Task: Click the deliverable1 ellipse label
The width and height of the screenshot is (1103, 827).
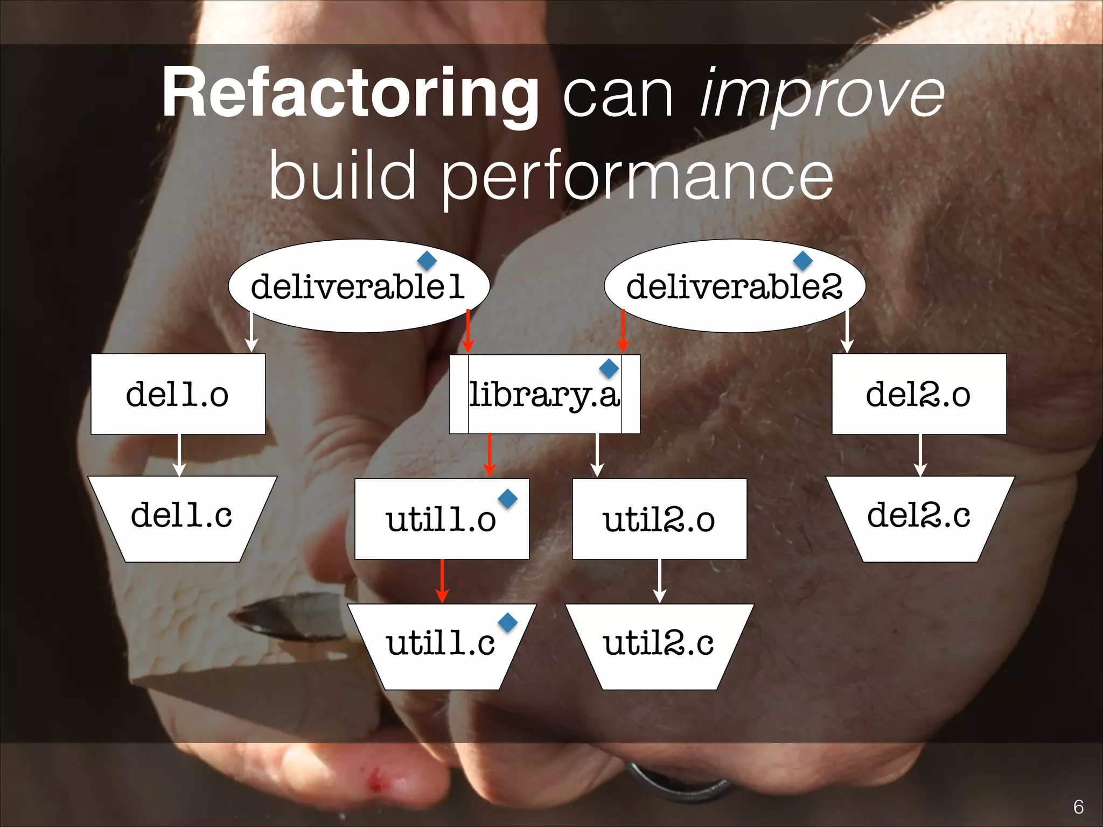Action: coord(358,286)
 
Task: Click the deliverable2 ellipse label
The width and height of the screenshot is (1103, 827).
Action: coord(734,286)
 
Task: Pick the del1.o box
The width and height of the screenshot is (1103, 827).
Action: coord(178,394)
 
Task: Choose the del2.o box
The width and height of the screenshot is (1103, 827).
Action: coord(919,394)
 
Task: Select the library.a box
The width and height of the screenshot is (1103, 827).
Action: coord(544,394)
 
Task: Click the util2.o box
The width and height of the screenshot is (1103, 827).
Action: coord(659,520)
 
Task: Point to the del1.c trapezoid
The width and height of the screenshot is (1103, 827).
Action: coord(182,517)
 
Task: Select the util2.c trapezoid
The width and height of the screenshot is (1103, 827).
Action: coord(659,645)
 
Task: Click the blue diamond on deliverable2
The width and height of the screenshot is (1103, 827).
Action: coord(802,261)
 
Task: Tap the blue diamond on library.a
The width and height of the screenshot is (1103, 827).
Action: coord(609,369)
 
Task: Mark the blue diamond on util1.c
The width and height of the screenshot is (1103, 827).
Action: coord(507,623)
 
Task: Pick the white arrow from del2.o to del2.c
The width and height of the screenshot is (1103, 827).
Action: coord(920,455)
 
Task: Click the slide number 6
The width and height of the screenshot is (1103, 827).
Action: coord(1078,807)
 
